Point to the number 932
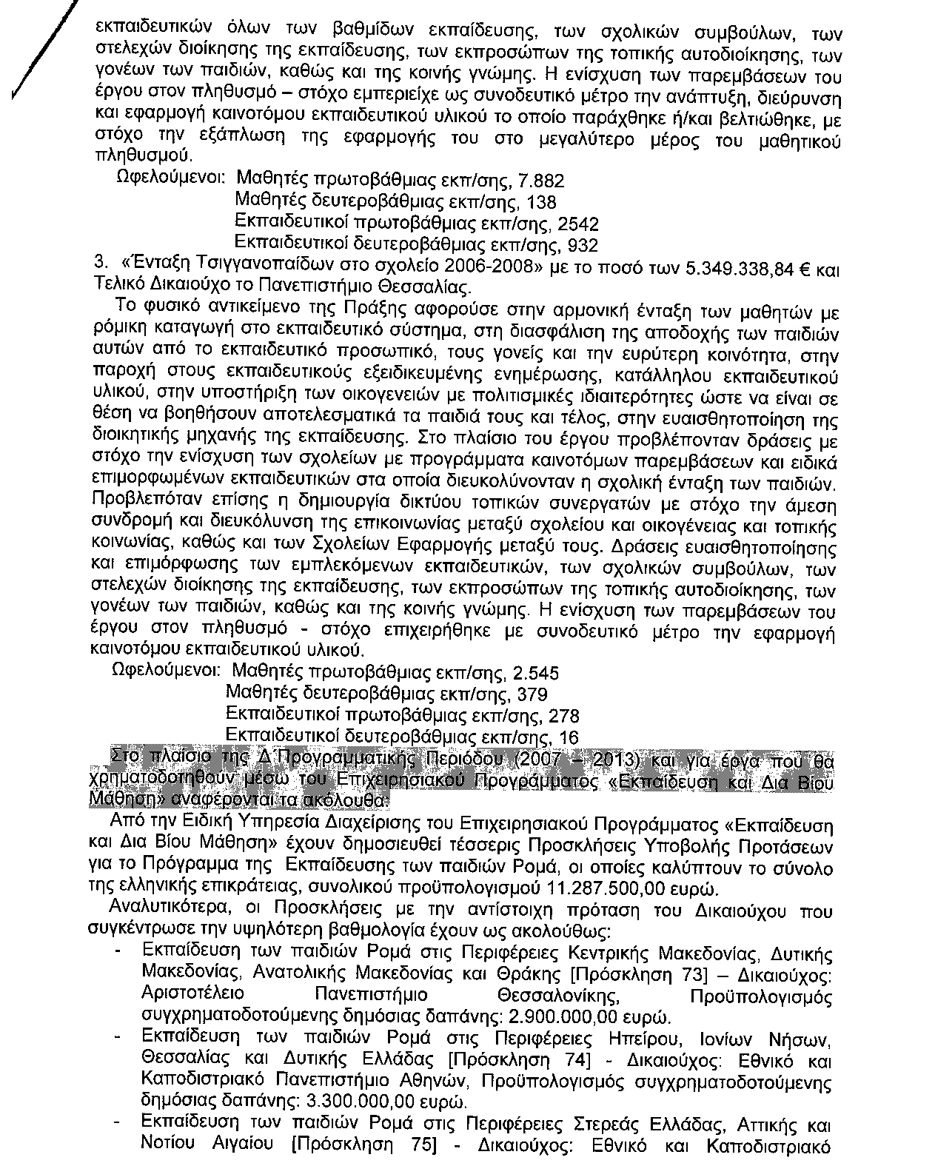coord(582,244)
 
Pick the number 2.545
coord(535,674)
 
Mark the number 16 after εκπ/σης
coord(569,737)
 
